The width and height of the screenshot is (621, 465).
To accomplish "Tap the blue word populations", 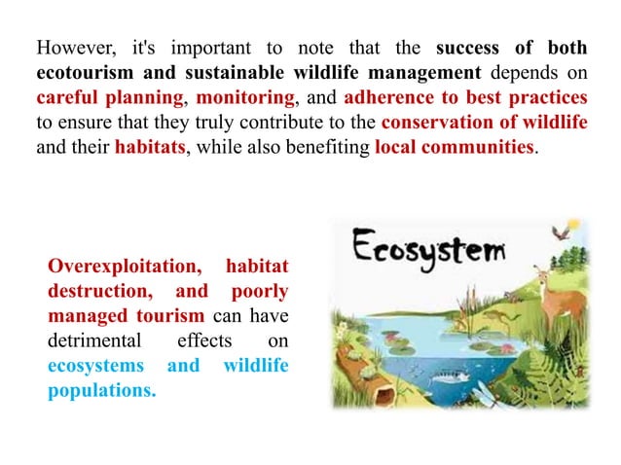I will [x=101, y=392].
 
